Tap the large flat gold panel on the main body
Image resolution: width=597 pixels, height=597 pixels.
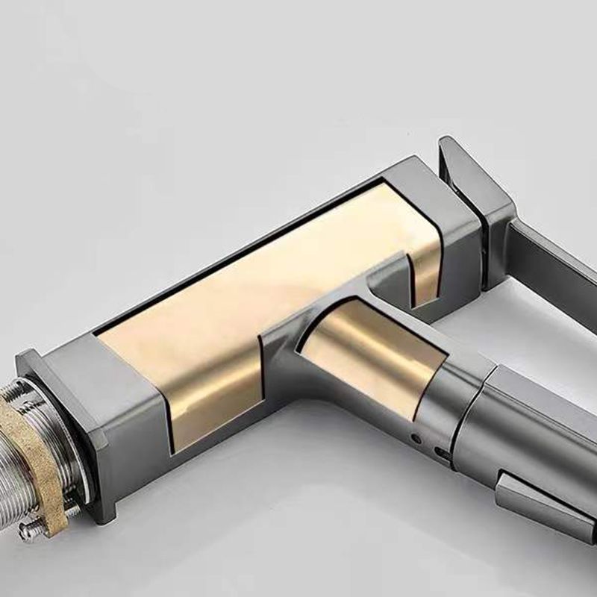[x=224, y=298]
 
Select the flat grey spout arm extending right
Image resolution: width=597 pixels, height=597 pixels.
[x=552, y=269]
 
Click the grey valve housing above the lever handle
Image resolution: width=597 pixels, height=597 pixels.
[x=537, y=425]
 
